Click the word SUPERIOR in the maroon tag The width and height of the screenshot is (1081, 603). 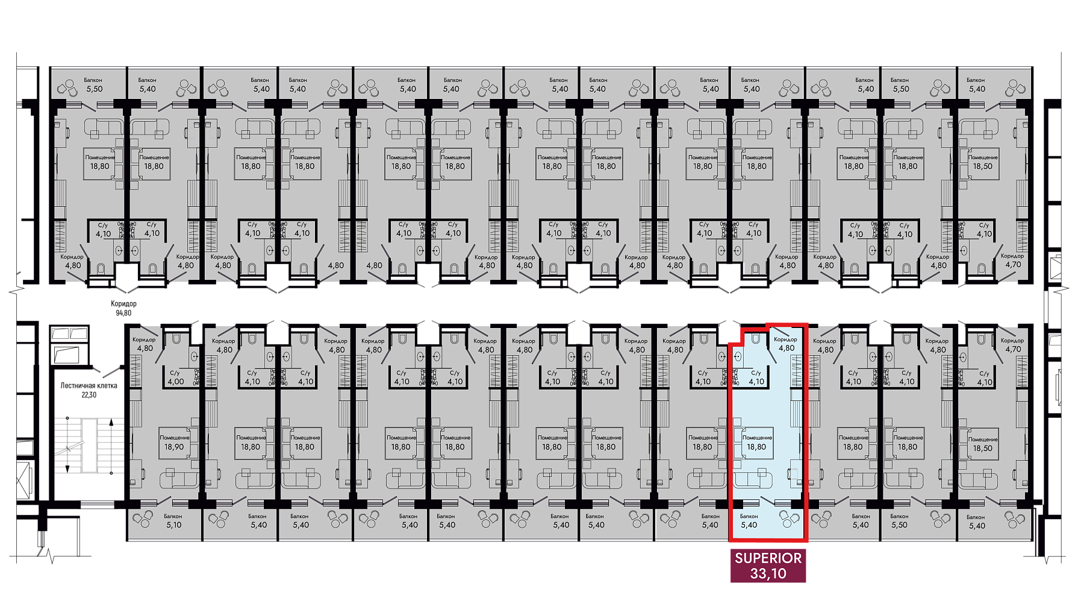768,558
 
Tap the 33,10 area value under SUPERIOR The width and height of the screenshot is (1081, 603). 768,573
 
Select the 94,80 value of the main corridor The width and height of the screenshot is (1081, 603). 123,313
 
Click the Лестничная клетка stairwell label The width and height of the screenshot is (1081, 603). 89,385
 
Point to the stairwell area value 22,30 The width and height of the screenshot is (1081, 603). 89,395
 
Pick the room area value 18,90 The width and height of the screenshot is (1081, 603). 174,447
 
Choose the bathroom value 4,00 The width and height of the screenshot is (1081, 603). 176,382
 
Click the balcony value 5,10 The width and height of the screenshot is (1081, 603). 173,525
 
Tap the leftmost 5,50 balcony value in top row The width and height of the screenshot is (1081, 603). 94,89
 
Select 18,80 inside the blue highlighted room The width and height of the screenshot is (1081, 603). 756,447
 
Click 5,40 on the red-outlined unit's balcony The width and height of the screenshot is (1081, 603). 749,525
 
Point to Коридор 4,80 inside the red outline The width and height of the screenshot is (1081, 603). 786,344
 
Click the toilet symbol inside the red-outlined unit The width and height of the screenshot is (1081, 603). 755,339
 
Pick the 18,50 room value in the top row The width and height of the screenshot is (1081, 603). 982,166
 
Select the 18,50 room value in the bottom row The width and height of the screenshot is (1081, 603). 983,448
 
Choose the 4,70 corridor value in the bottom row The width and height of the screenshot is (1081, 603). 1014,349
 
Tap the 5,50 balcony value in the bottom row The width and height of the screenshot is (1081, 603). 899,525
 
